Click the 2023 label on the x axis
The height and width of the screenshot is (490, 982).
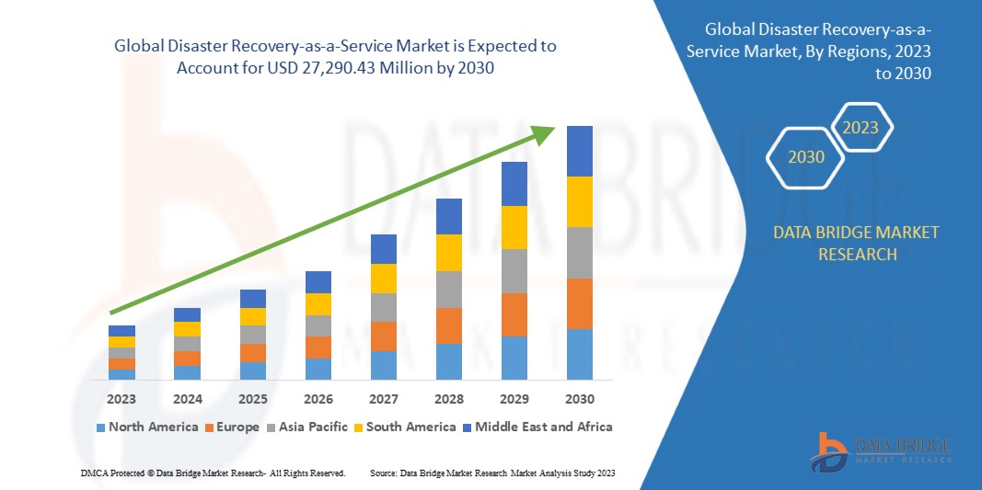(121, 399)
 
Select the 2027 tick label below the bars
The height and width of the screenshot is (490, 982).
(384, 399)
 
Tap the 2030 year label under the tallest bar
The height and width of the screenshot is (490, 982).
(580, 399)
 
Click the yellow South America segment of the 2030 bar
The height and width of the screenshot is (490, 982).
(580, 201)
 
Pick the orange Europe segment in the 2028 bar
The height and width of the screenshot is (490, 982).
(448, 325)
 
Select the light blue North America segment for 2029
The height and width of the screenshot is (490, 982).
(514, 358)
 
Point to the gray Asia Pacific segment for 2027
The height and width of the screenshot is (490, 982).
(384, 307)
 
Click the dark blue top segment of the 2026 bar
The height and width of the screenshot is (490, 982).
(318, 281)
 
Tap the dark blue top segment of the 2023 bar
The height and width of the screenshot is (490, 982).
(121, 331)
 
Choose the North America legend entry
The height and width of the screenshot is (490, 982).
(147, 427)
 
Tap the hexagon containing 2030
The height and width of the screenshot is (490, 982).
(806, 157)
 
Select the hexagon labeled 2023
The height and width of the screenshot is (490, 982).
(861, 128)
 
